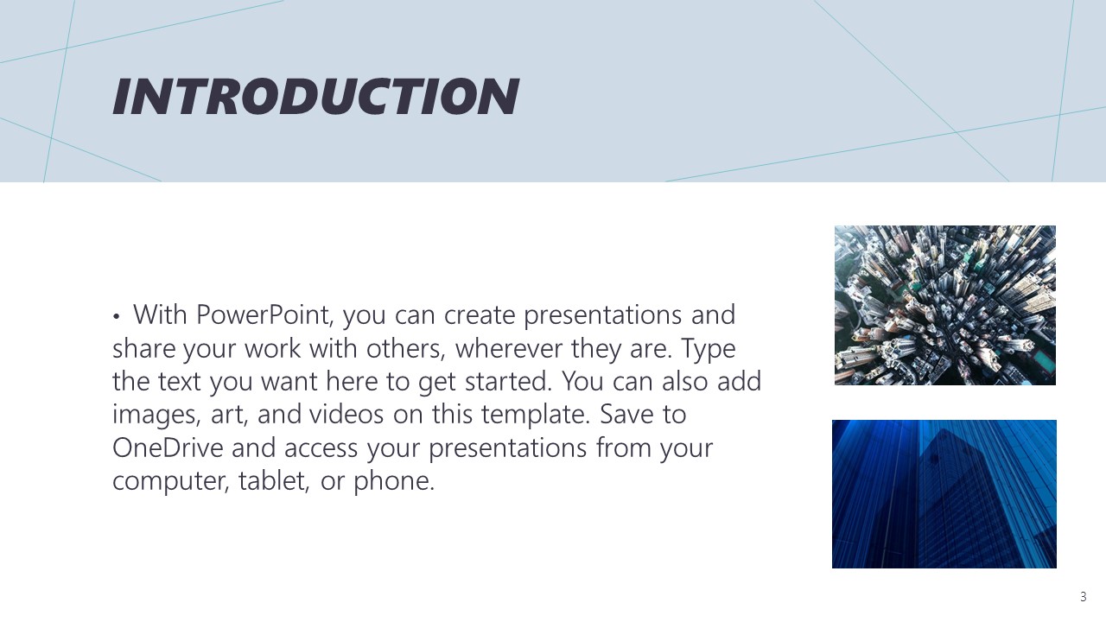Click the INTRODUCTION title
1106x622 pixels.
(x=316, y=96)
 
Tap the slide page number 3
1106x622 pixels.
(x=1084, y=597)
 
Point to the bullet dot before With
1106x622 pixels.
(x=116, y=316)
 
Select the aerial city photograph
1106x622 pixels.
(x=945, y=305)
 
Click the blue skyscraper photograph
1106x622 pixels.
(x=944, y=494)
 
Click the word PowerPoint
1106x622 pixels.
(x=265, y=315)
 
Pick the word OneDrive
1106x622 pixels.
(x=168, y=447)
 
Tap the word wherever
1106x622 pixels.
(x=509, y=348)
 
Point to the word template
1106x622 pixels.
(x=536, y=415)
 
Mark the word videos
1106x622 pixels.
(x=346, y=414)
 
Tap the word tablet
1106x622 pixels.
(x=274, y=481)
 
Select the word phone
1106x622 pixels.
(x=394, y=481)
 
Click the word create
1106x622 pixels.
(x=480, y=316)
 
